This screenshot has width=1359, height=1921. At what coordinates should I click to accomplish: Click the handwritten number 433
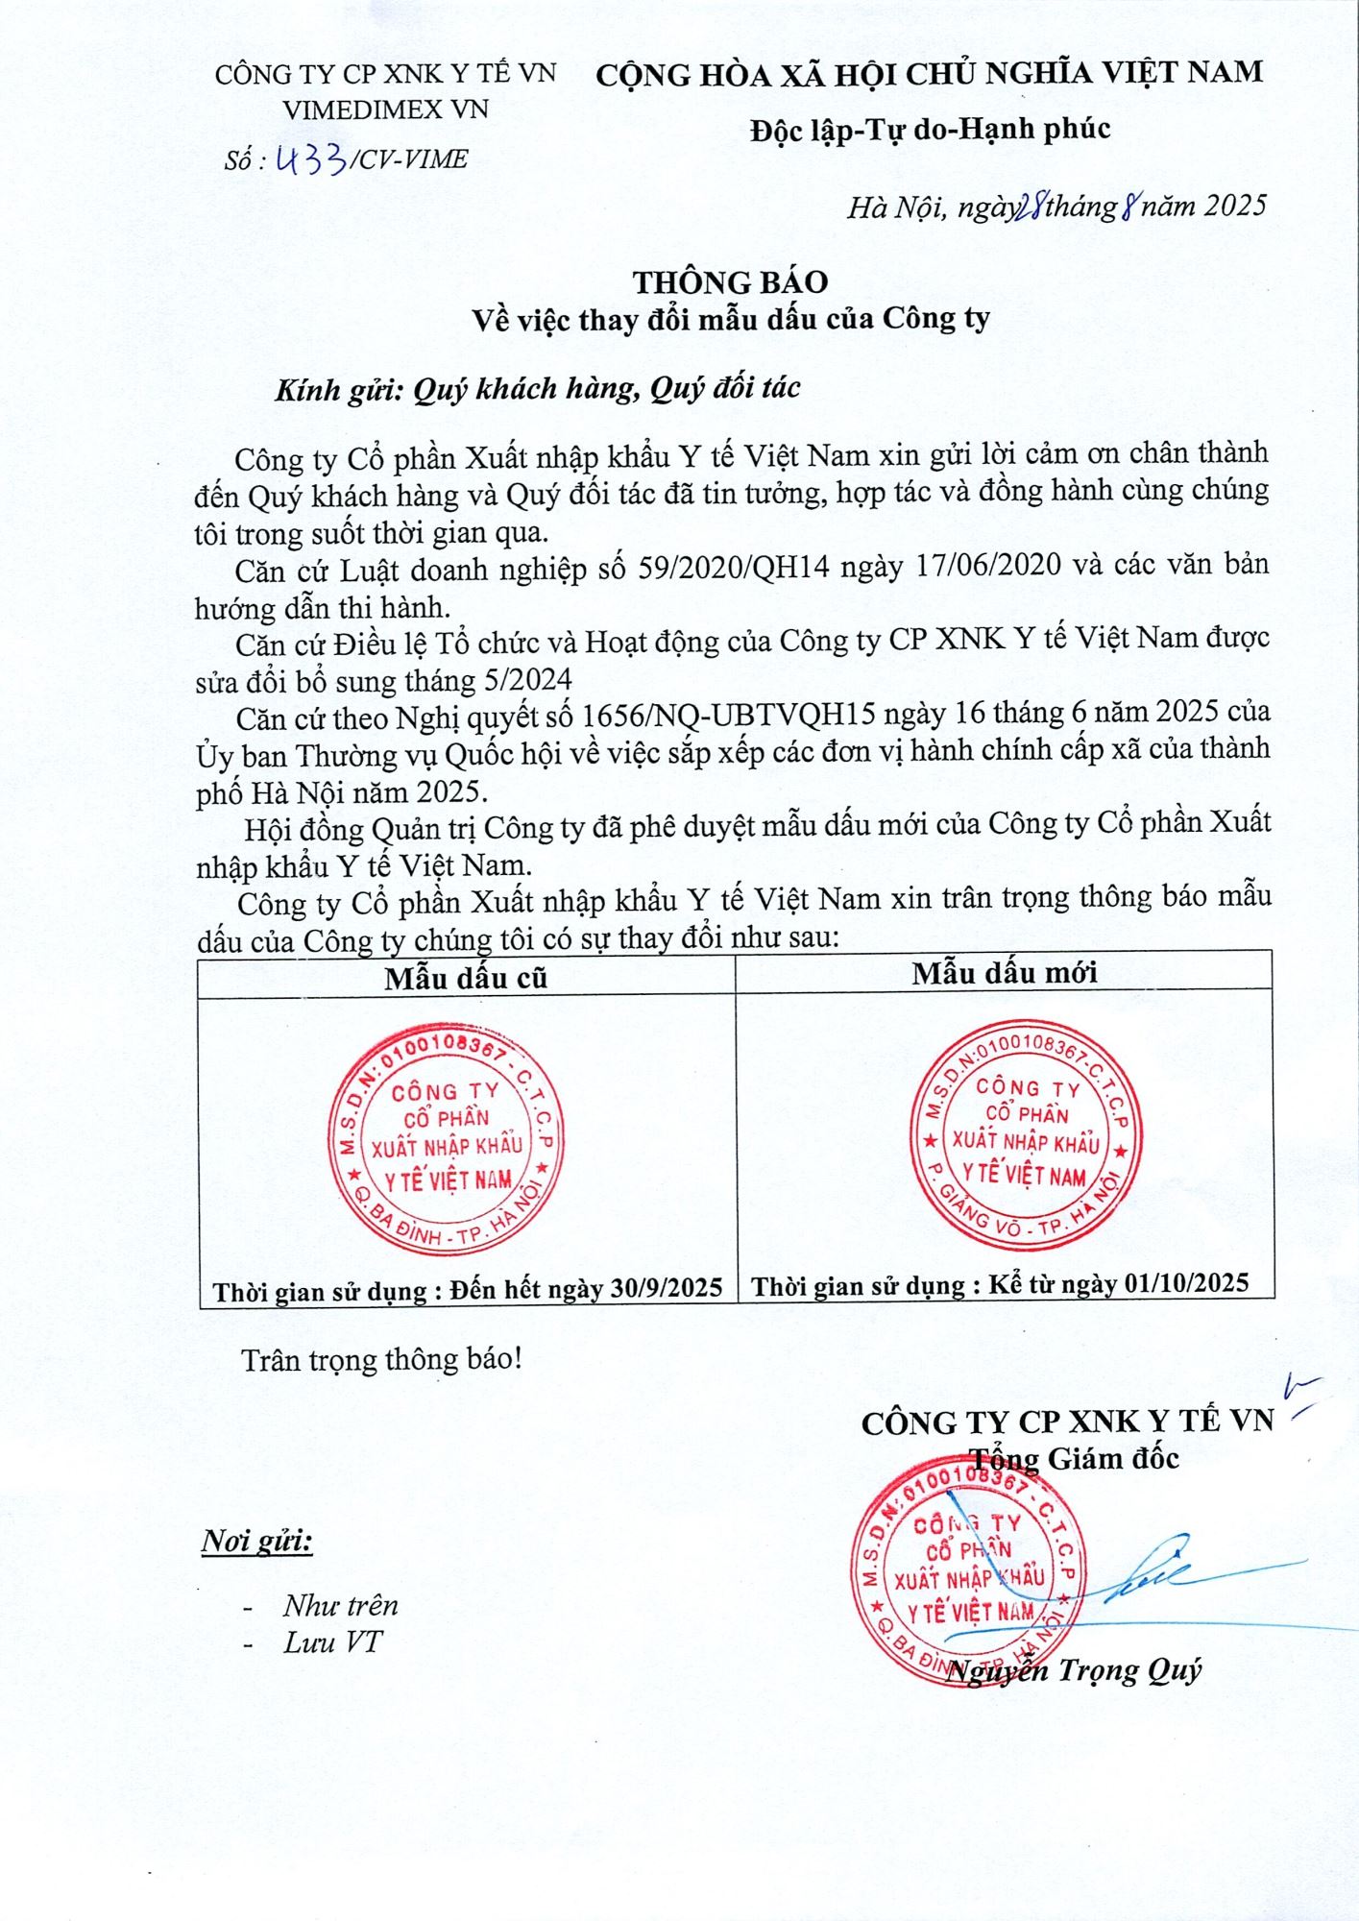[x=310, y=158]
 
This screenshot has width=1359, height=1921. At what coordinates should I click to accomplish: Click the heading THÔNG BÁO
[x=730, y=281]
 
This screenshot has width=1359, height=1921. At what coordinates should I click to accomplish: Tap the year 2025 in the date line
[x=1234, y=206]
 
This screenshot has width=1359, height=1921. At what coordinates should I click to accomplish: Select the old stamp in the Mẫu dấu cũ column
[x=447, y=1138]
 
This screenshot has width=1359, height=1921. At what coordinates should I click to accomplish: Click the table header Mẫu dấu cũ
[x=466, y=978]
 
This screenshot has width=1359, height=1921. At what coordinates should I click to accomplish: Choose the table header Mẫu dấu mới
[x=1005, y=973]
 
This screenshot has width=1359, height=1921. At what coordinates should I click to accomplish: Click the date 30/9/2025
[x=667, y=1288]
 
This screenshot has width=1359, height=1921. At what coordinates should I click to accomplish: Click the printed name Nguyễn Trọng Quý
[x=1073, y=1670]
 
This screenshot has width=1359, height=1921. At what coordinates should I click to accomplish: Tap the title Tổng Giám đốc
[x=1073, y=1458]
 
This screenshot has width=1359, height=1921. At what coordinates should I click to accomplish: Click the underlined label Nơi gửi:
[x=256, y=1542]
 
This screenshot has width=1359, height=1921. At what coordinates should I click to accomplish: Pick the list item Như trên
[x=340, y=1605]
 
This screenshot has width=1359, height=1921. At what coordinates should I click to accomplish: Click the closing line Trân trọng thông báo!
[x=381, y=1360]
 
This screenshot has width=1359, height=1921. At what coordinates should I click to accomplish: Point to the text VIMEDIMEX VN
[x=385, y=109]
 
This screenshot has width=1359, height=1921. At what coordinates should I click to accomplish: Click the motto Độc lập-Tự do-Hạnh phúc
[x=930, y=129]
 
